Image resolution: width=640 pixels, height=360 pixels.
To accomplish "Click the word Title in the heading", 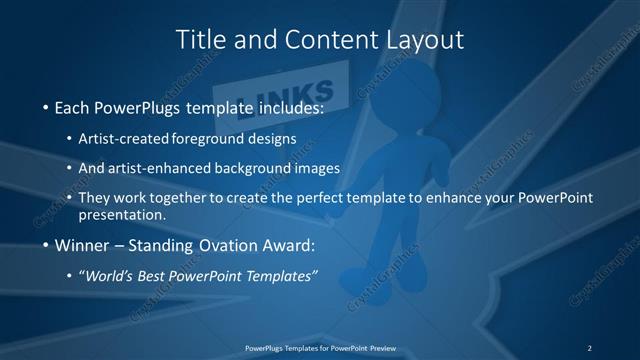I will click(198, 39).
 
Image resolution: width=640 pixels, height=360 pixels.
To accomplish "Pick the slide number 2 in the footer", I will click(590, 347).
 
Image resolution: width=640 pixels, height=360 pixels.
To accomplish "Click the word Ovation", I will click(214, 244).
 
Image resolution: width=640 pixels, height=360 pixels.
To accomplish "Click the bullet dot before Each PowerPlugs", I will click(45, 105).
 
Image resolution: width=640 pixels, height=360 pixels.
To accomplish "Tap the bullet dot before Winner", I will click(45, 245).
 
